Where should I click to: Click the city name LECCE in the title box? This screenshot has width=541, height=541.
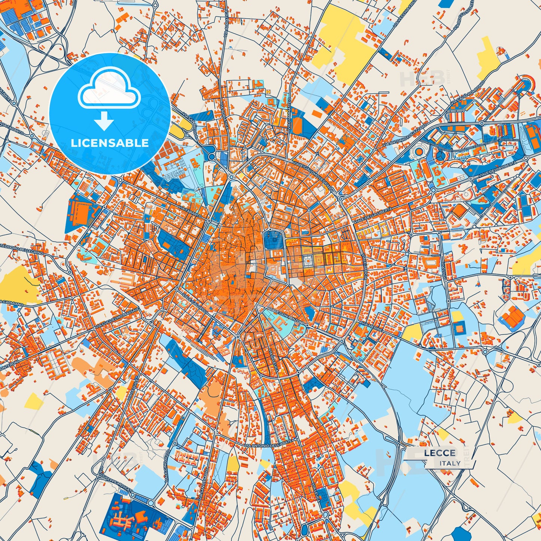[440, 453]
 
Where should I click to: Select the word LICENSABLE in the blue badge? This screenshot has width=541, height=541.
[110, 143]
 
